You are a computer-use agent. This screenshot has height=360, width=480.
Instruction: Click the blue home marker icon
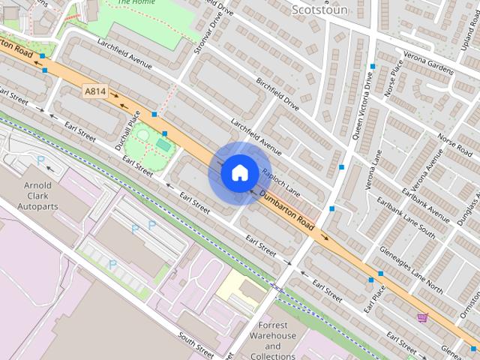pos(239,173)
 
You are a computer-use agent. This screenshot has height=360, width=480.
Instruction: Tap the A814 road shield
pos(94,91)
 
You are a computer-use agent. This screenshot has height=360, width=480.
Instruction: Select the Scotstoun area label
pos(318,10)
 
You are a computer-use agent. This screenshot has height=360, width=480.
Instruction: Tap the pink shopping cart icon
pos(422,317)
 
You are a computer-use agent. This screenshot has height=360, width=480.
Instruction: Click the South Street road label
pos(196,341)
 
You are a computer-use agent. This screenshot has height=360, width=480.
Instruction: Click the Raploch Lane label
pos(280,182)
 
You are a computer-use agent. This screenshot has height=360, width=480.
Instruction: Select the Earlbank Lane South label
pos(406,217)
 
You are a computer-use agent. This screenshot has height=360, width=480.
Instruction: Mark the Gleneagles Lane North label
pos(411,258)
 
